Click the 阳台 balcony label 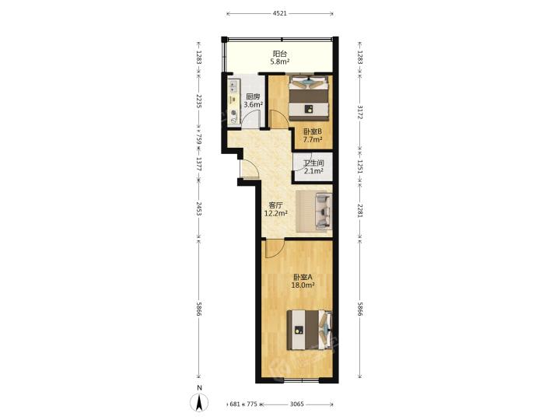pyautogui.click(x=280, y=54)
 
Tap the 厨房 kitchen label pyautogui.click(x=253, y=96)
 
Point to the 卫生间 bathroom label pyautogui.click(x=313, y=163)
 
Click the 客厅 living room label pyautogui.click(x=275, y=205)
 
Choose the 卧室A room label pyautogui.click(x=303, y=277)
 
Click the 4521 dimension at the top pyautogui.click(x=280, y=13)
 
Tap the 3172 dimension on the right pyautogui.click(x=359, y=112)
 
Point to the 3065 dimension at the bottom pyautogui.click(x=297, y=404)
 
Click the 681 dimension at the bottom pyautogui.click(x=234, y=404)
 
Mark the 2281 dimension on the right pyautogui.click(x=359, y=210)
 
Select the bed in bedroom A pyautogui.click(x=310, y=330)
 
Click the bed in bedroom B pyautogui.click(x=309, y=98)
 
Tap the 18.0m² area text pyautogui.click(x=303, y=285)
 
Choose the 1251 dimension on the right pyautogui.click(x=359, y=166)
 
